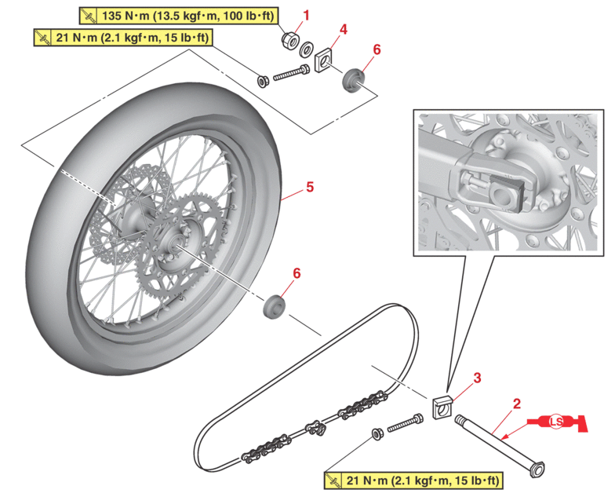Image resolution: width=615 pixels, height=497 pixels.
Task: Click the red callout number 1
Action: point(307,15)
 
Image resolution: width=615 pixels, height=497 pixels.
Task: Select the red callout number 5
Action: point(310,187)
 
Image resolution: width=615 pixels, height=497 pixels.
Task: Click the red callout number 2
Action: point(516,404)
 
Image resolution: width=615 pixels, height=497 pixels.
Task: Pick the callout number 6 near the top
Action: point(376,49)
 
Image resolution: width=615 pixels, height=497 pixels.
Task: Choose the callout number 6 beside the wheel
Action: point(297,272)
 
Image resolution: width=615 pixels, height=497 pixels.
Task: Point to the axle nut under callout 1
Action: point(287,37)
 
